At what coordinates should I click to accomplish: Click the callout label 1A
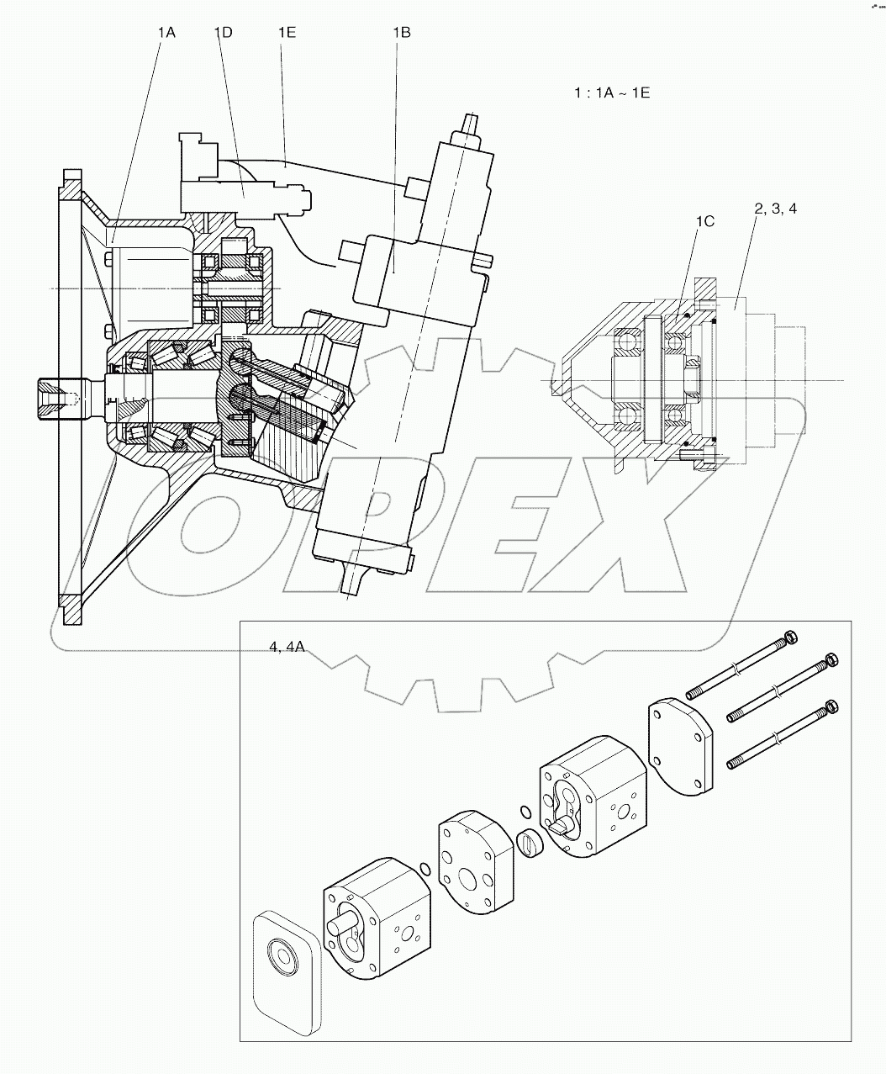[x=166, y=32]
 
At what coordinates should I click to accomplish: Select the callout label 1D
[x=223, y=32]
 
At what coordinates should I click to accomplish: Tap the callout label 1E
[x=287, y=32]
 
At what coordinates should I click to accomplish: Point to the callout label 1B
[x=401, y=32]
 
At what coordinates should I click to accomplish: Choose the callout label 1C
[x=704, y=221]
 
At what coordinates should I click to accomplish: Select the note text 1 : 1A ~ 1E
[x=612, y=92]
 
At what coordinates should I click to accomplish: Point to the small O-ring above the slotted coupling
[x=525, y=812]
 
